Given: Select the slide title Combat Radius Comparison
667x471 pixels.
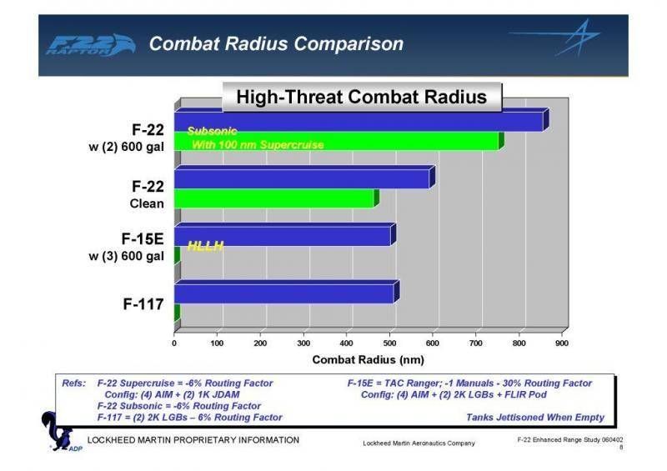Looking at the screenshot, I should [x=275, y=43].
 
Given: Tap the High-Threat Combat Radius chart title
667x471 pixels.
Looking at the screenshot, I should [x=361, y=97].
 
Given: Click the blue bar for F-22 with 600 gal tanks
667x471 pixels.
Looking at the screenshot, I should [x=359, y=122].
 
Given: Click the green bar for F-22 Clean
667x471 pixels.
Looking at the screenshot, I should [x=274, y=198].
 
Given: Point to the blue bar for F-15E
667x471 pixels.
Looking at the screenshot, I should [x=283, y=236].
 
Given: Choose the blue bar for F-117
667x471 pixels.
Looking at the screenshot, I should [x=284, y=293].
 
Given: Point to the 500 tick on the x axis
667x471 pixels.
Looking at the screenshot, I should [x=389, y=343].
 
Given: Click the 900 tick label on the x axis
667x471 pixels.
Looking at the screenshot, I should [x=562, y=343].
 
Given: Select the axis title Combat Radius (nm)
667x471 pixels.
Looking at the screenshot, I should [x=368, y=360].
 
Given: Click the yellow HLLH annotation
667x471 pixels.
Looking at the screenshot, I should [x=205, y=243].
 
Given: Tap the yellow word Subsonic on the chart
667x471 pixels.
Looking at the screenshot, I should [x=213, y=131].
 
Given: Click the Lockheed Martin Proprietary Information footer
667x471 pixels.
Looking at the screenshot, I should [x=193, y=439].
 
